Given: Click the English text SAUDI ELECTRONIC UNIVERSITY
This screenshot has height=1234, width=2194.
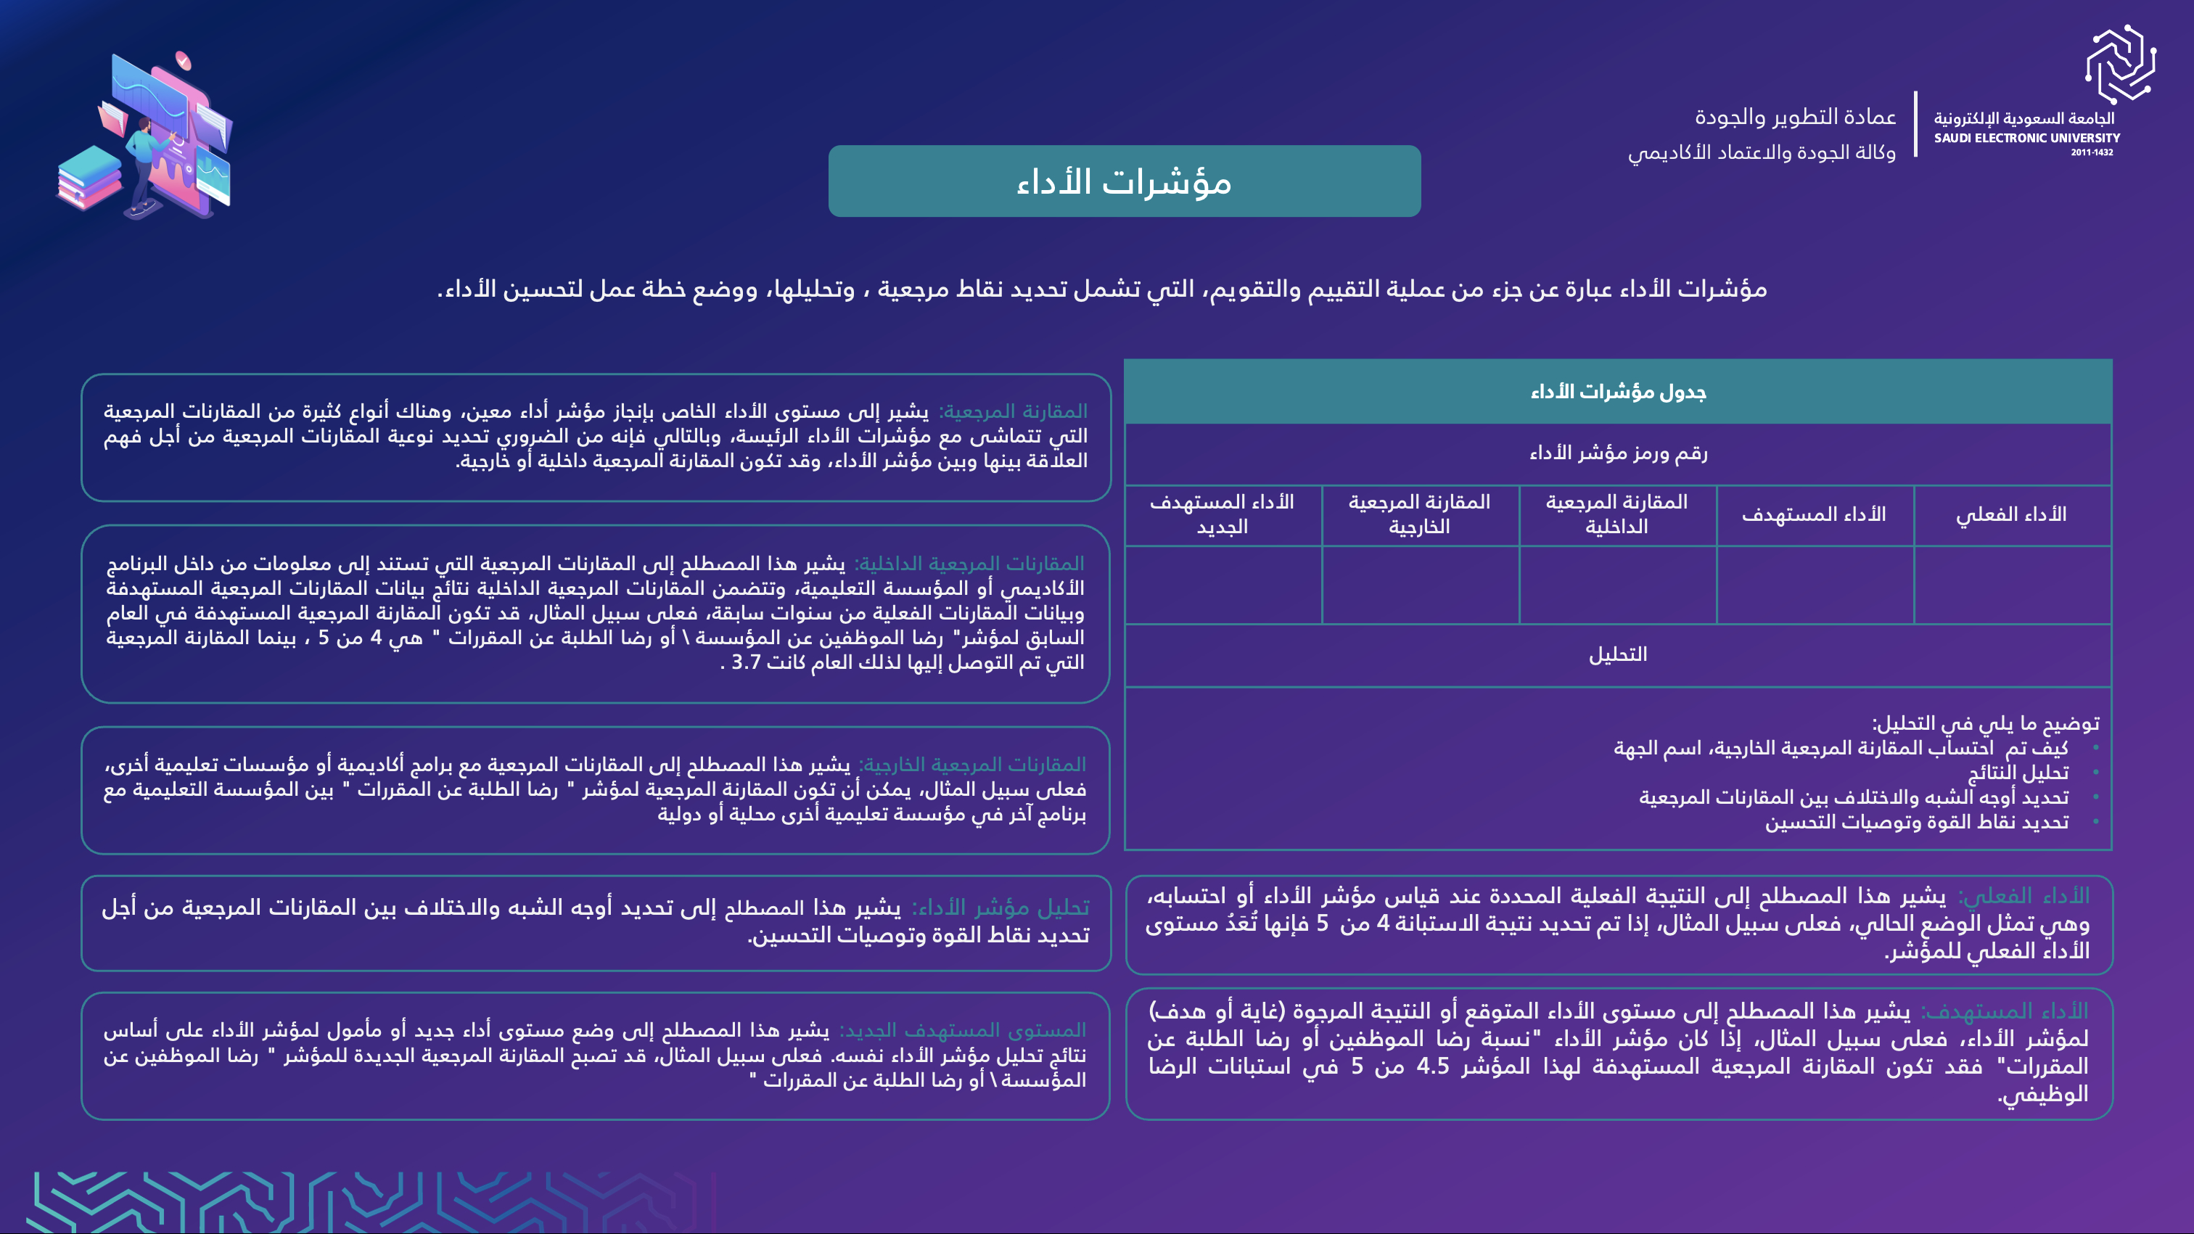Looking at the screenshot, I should [2026, 138].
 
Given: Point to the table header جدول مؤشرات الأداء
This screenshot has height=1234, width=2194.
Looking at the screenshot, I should [1617, 392].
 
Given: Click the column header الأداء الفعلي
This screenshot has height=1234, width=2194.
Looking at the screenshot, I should [2011, 514].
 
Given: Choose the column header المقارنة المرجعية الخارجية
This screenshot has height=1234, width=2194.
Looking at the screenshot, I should [1419, 514].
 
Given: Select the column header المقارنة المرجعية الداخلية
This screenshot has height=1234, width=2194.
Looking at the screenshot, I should [1616, 514].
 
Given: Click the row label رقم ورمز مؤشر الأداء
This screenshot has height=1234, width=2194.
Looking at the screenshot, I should [1617, 453].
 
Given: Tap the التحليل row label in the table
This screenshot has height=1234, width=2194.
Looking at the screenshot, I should [1617, 655].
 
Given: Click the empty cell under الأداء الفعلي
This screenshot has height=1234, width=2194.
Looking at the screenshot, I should [2011, 585].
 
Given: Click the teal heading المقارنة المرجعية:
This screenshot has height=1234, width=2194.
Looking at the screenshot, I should [1013, 411].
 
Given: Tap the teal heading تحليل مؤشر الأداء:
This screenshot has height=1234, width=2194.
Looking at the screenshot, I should [1000, 908].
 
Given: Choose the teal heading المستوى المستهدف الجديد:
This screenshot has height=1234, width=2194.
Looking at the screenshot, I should [963, 1030].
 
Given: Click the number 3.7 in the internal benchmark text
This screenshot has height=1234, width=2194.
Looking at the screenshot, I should [746, 662].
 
